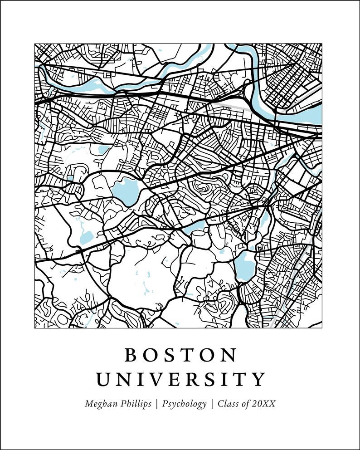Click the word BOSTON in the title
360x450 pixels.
point(180,355)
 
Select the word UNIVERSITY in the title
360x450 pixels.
point(180,379)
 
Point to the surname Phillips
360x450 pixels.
point(135,404)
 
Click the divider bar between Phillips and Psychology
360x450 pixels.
point(156,404)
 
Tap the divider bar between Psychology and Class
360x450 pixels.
point(212,404)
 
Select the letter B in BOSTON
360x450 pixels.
point(131,355)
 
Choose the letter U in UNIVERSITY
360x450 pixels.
point(105,379)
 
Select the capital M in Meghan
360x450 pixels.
point(89,404)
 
